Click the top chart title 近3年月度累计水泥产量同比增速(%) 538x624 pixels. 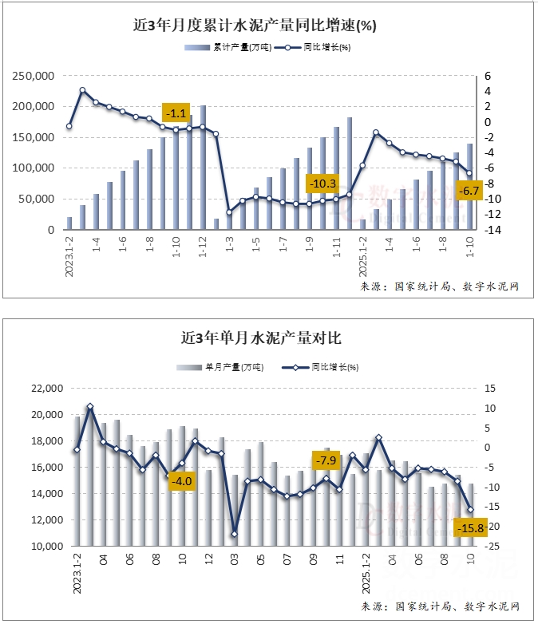tap(255, 26)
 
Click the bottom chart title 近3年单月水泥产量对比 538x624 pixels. tap(261, 338)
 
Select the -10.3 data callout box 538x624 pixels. tap(323, 184)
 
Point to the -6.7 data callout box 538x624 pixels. tap(470, 191)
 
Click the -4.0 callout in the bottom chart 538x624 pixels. tap(183, 481)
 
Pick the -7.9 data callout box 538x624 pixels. tap(326, 460)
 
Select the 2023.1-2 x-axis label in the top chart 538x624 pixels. tap(69, 255)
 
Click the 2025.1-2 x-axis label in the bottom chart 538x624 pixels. tap(366, 570)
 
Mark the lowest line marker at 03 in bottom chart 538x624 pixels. tap(235, 534)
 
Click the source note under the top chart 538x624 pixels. tap(439, 286)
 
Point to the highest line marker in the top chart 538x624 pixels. tap(82, 91)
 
